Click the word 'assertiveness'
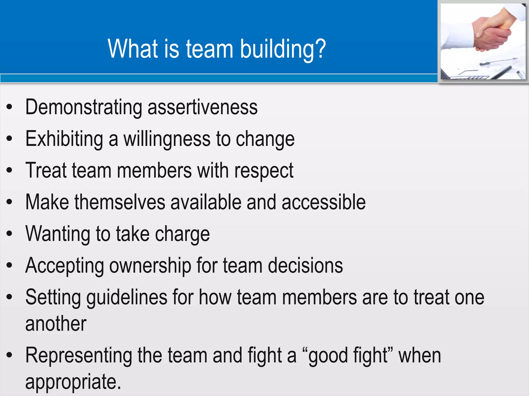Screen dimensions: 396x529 coord(202,107)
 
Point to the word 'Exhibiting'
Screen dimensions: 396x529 coord(64,139)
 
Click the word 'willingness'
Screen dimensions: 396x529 coord(167,139)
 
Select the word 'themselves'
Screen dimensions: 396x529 coord(120,202)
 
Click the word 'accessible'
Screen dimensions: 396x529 coord(323,202)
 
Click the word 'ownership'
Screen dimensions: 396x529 coord(150,266)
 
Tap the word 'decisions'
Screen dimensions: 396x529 coord(305,266)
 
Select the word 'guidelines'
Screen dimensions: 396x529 coord(127,297)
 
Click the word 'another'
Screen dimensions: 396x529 coord(56,324)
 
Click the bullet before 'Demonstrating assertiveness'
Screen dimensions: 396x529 coord(10,107)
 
